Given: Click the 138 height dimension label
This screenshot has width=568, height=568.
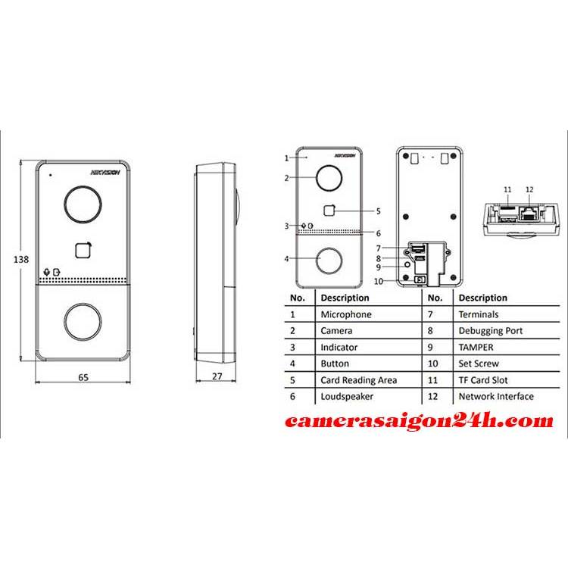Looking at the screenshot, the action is click(21, 259).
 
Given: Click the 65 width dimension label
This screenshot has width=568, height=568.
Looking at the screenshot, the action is click(83, 377).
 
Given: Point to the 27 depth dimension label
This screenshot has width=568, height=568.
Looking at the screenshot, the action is click(217, 376).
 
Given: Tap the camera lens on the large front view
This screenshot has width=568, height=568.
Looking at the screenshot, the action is click(83, 204).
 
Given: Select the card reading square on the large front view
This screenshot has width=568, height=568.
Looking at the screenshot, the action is click(83, 251).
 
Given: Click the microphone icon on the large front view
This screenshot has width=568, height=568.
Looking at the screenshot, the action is click(46, 272).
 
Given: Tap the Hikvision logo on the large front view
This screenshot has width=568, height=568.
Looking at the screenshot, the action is click(105, 173).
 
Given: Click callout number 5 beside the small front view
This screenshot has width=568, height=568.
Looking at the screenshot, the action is click(378, 211).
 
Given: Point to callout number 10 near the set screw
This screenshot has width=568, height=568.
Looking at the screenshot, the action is click(378, 282).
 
